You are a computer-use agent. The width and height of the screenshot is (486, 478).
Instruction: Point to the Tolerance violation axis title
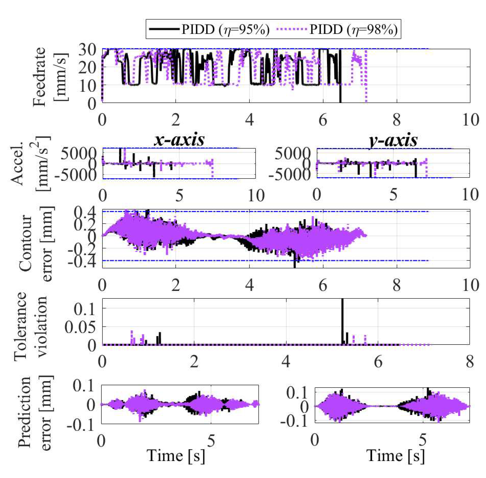[x=30, y=326]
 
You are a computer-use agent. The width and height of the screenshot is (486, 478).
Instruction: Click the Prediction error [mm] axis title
[x=35, y=412]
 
